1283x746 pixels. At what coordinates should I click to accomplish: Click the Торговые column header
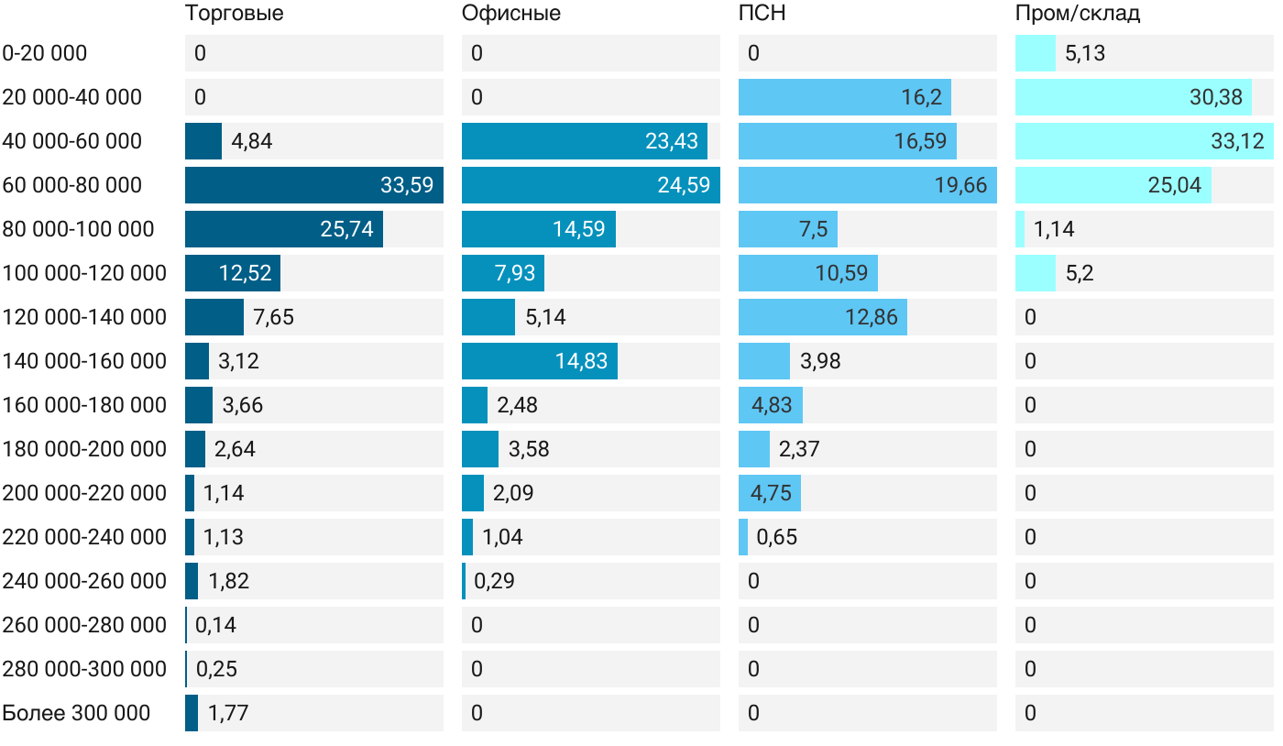click(234, 14)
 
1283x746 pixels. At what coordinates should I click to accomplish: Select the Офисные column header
click(511, 14)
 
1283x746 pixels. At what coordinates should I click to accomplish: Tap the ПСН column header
click(762, 14)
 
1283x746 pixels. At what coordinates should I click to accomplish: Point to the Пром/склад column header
click(1078, 14)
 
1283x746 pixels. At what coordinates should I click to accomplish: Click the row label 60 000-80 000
click(72, 185)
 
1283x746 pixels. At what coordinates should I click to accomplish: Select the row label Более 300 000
click(76, 713)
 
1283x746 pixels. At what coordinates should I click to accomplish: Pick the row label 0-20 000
click(45, 53)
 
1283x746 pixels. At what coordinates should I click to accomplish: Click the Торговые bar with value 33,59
click(314, 185)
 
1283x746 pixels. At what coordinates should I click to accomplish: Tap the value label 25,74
click(347, 229)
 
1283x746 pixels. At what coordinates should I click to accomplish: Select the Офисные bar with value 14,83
click(540, 361)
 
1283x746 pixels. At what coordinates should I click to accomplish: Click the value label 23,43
click(672, 141)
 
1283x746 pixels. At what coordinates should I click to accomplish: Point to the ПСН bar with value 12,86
click(823, 317)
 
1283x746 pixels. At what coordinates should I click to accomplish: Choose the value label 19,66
click(961, 185)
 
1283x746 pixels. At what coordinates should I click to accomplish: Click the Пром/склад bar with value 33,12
click(1144, 141)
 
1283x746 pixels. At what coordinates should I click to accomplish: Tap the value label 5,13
click(1085, 53)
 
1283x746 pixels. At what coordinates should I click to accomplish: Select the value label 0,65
click(777, 537)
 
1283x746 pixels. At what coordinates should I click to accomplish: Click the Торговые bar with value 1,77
click(192, 713)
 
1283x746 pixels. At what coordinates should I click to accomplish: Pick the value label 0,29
click(494, 581)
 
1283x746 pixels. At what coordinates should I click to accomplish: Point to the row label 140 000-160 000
click(84, 361)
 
